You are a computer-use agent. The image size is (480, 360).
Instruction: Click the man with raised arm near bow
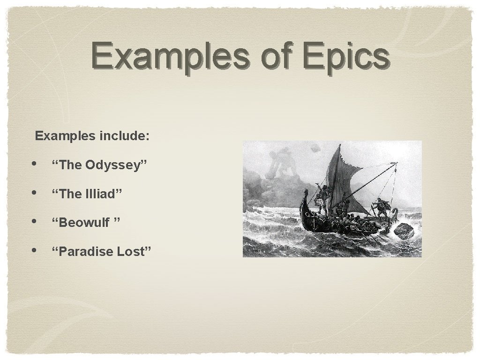click(321, 195)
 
